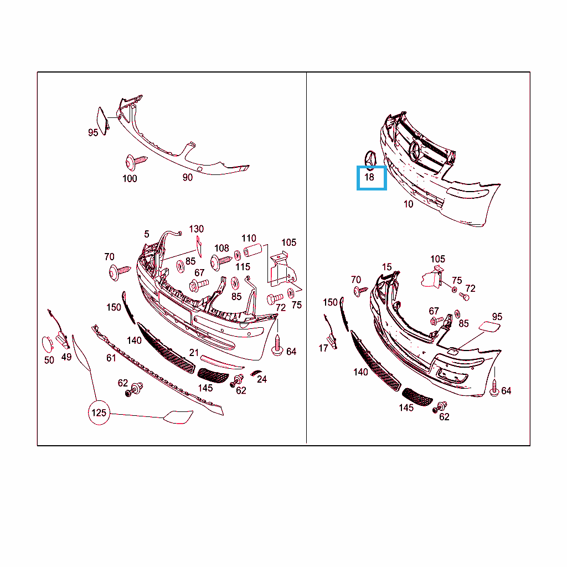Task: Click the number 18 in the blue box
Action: pos(369,177)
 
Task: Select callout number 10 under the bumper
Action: pos(408,204)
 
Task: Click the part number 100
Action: pos(130,179)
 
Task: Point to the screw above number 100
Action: pos(136,162)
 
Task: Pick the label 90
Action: pos(187,178)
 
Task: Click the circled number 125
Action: pos(99,413)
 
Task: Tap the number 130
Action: pos(197,229)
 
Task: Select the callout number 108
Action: pos(221,248)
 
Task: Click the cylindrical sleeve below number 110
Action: pos(252,250)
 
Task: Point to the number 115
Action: pos(243,267)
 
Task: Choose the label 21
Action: pos(194,353)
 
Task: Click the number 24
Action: pos(262,379)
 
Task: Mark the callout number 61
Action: pos(111,358)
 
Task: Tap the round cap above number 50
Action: pos(48,344)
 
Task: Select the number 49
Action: pos(66,357)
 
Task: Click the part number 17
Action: pos(323,348)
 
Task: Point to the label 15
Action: pos(386,267)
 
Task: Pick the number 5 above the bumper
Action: pos(146,234)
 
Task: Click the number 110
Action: pos(249,238)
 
